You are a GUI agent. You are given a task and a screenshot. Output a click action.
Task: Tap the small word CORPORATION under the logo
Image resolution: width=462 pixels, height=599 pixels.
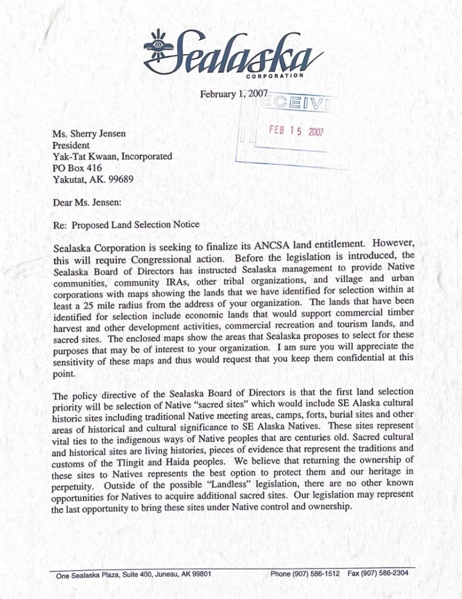pyautogui.click(x=274, y=76)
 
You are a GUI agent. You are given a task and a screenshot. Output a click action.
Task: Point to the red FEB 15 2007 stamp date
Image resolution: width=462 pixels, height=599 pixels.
pyautogui.click(x=296, y=131)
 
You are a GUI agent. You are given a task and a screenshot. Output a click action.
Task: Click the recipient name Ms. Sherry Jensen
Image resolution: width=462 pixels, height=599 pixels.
pyautogui.click(x=89, y=133)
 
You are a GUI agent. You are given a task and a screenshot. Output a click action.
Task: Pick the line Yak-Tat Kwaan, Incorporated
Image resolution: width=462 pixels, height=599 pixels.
pyautogui.click(x=112, y=156)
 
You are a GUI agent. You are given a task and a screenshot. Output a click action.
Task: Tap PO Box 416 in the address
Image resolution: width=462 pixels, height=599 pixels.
pyautogui.click(x=77, y=168)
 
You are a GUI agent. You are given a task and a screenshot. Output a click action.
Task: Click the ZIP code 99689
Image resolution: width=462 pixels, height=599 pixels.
pyautogui.click(x=120, y=180)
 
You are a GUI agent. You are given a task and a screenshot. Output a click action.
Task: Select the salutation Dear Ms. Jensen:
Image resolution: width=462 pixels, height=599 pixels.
pyautogui.click(x=87, y=202)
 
